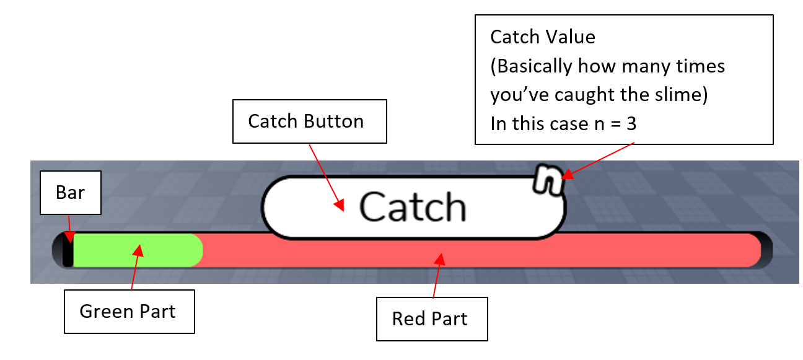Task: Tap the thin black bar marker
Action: coord(68,250)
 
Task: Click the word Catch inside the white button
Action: coord(413,207)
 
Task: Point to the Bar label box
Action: coord(70,193)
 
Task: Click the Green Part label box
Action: coord(128,311)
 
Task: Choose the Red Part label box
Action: coord(431,319)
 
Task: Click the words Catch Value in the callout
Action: coord(543,37)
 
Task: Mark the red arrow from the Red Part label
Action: coord(437,276)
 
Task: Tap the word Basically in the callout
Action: coord(538,66)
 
